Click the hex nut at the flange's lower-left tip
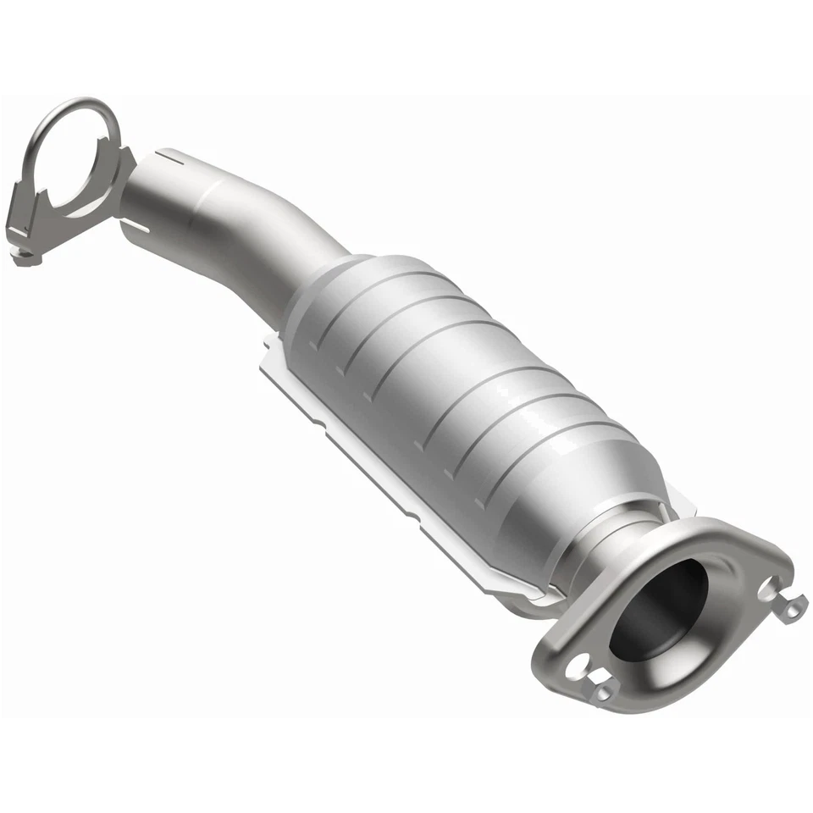pos(603,694)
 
